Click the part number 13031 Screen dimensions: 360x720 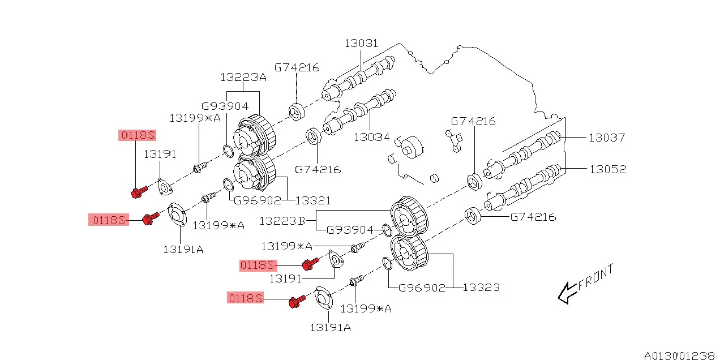click(362, 44)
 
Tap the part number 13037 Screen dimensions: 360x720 click(607, 137)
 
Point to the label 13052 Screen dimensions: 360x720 click(608, 169)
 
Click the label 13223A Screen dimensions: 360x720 click(243, 77)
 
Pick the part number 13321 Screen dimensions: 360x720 click(313, 200)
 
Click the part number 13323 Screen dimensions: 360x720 click(481, 288)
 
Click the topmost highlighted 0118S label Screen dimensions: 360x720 click(137, 135)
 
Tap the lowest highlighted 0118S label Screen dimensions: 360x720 click(246, 298)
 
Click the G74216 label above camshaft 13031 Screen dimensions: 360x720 click(297, 67)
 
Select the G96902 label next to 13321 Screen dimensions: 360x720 click(258, 200)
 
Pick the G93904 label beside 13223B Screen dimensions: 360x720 click(349, 230)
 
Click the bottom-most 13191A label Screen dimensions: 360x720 click(330, 327)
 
